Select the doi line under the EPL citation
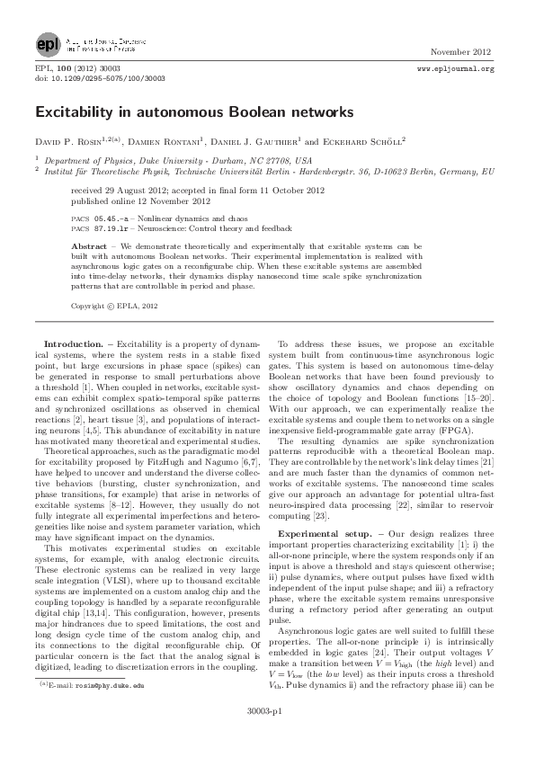click(x=88, y=78)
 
